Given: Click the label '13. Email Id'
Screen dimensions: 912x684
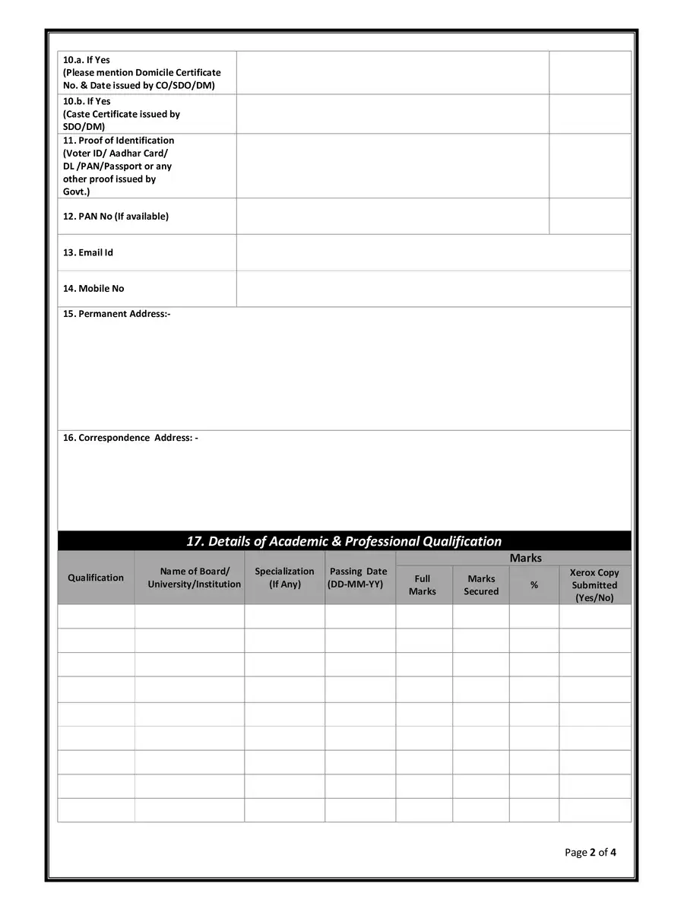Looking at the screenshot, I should (x=88, y=252).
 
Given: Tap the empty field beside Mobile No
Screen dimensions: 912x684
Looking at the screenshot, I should (x=433, y=289).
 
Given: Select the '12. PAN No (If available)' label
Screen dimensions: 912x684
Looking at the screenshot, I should (x=116, y=217).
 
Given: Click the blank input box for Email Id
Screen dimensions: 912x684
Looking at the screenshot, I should (x=433, y=252).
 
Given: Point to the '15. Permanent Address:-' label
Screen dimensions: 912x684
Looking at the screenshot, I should (x=116, y=314).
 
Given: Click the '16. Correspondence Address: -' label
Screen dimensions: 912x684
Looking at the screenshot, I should (x=130, y=438).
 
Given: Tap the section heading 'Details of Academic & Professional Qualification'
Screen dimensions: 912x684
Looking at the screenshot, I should (x=344, y=541).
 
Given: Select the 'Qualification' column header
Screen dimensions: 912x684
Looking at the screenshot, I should (x=96, y=578).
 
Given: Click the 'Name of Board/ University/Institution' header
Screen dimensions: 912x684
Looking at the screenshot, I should (x=195, y=578).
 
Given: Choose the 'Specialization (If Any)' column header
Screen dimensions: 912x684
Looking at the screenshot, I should (x=284, y=578).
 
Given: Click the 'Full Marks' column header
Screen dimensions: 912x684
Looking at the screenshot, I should (x=423, y=584).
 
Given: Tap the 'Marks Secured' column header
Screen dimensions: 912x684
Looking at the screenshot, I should (x=481, y=584).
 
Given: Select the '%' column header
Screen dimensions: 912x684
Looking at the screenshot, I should (x=534, y=585).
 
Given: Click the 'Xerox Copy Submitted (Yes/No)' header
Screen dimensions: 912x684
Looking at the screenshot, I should (x=594, y=585).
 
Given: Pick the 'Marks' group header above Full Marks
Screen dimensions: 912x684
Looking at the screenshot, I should (x=526, y=558).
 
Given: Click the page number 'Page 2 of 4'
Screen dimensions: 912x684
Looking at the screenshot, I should (x=591, y=852).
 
